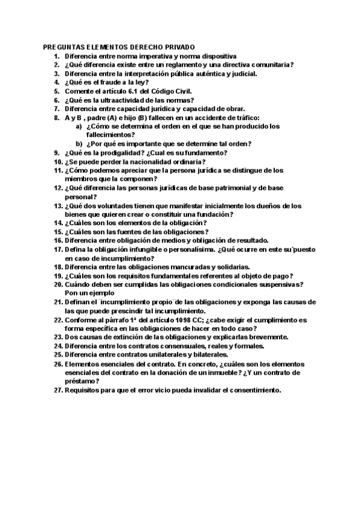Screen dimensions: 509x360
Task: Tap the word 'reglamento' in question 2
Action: click(x=178, y=65)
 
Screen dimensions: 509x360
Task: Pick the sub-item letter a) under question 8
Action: click(x=79, y=127)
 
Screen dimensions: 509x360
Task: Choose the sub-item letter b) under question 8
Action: click(x=79, y=144)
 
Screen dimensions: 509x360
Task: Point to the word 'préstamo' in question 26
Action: click(x=80, y=382)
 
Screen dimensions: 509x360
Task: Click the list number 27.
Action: click(x=58, y=391)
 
